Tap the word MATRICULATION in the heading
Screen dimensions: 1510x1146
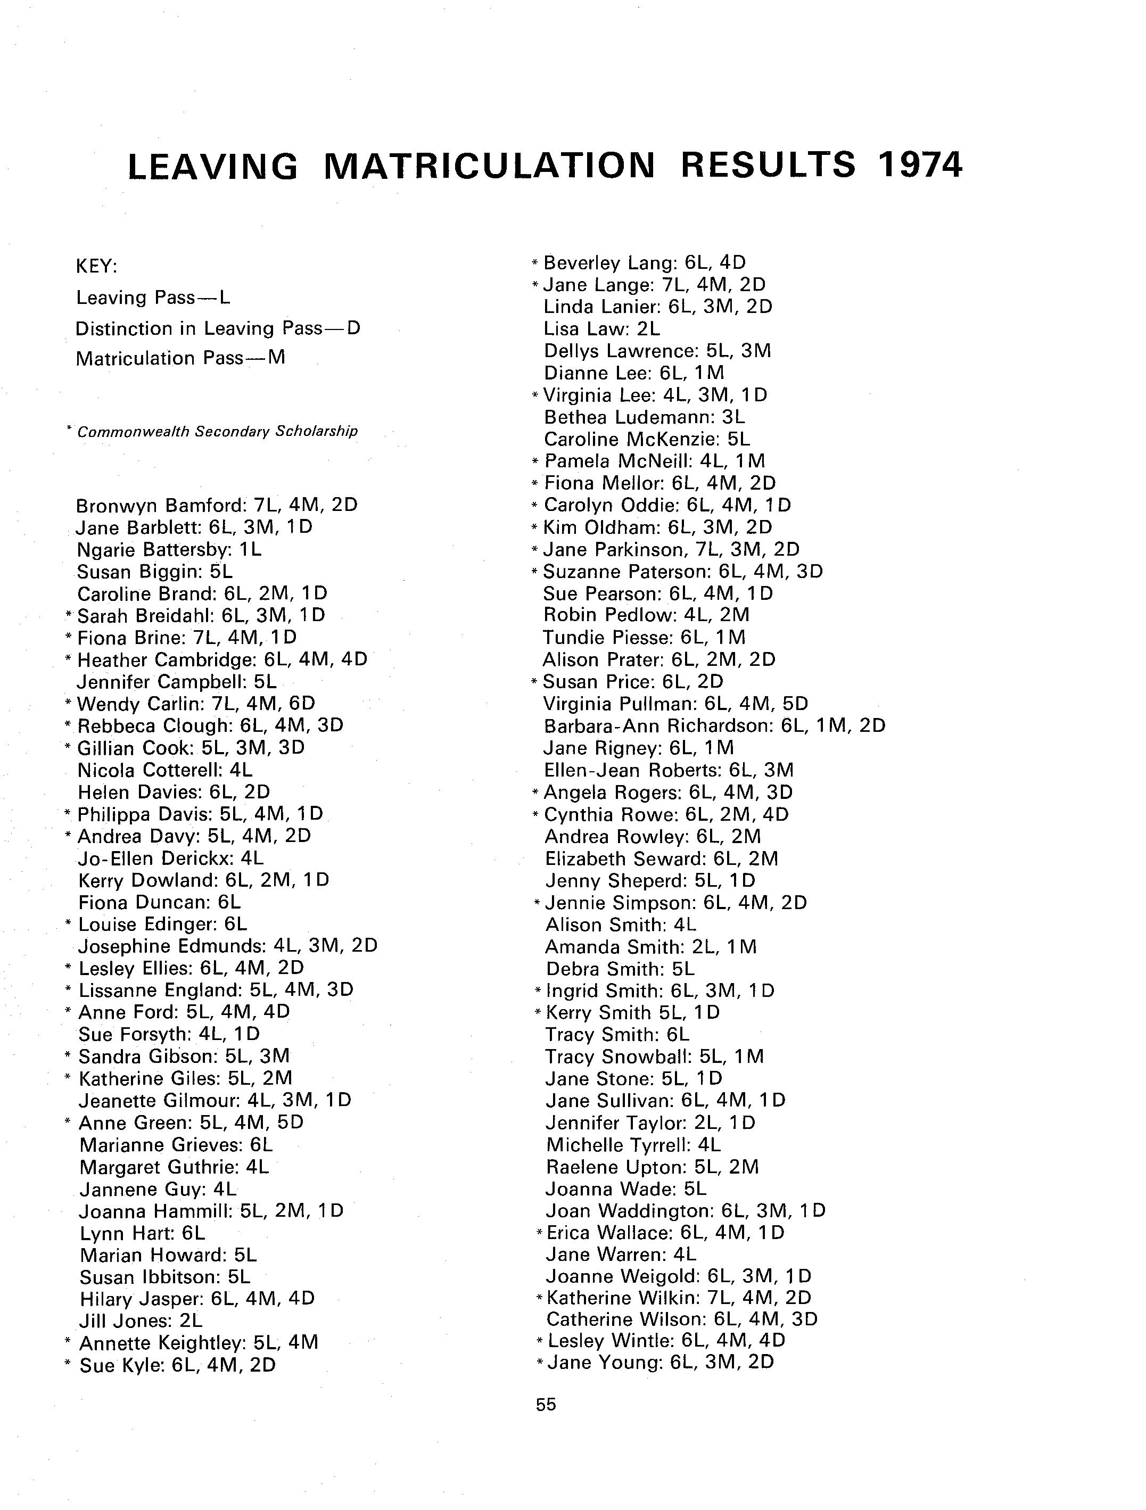(489, 166)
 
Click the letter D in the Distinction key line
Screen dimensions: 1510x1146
(353, 328)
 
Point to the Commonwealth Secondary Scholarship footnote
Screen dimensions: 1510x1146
(217, 432)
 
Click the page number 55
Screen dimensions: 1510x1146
(546, 1404)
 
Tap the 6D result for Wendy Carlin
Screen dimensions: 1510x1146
(301, 703)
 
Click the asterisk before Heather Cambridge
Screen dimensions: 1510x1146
(68, 659)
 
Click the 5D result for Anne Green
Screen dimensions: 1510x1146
(290, 1123)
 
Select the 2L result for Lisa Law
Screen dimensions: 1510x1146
(648, 329)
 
